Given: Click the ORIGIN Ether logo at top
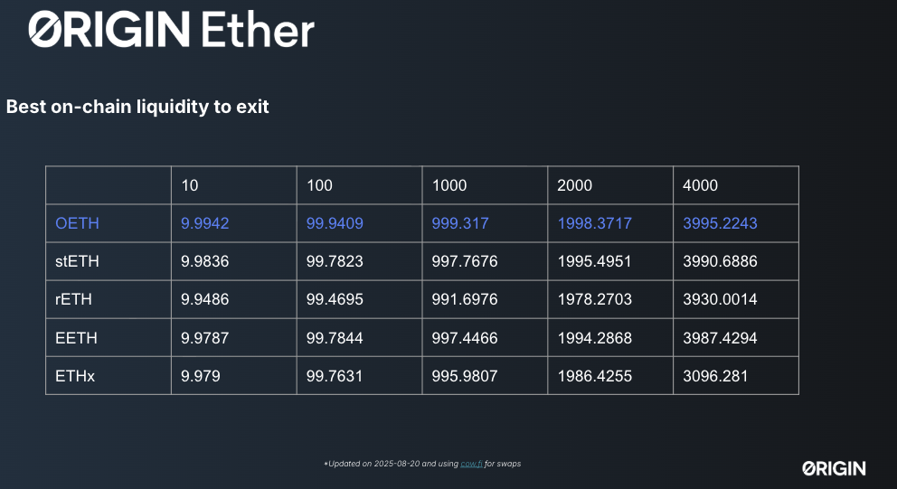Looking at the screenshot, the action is [171, 29].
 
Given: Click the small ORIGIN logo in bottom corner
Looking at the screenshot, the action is [834, 468].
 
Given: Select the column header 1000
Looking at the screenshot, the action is [449, 185].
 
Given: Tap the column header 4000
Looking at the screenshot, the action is [700, 185].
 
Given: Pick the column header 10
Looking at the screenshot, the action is [189, 185].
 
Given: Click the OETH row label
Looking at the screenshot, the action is [77, 223].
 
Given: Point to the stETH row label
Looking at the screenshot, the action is [77, 261].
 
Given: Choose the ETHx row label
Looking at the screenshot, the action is [75, 376].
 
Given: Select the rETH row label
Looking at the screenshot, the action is [73, 299].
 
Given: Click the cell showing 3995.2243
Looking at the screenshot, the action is [720, 223].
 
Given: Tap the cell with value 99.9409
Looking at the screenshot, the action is [335, 223].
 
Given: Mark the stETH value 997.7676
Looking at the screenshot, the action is [465, 261].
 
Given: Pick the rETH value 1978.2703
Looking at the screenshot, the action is [594, 299].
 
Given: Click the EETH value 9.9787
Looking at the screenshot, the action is [204, 338].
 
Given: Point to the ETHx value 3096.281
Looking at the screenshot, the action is [715, 376].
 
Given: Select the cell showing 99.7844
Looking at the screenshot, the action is [335, 338].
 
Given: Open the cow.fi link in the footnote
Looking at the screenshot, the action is [471, 464].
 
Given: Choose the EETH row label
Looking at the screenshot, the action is [76, 338].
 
